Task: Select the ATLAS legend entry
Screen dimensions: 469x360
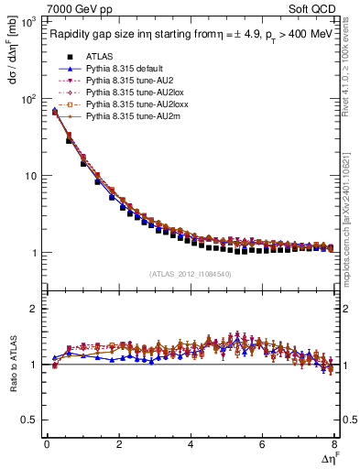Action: (x=98, y=57)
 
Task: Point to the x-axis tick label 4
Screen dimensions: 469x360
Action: (x=191, y=444)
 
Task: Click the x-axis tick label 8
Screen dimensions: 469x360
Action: (x=334, y=444)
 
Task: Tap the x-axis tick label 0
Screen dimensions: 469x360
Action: (x=47, y=444)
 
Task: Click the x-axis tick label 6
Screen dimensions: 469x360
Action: (x=262, y=444)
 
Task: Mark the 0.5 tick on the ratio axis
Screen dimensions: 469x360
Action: (x=32, y=420)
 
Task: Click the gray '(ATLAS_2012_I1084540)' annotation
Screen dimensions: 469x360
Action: (x=190, y=274)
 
